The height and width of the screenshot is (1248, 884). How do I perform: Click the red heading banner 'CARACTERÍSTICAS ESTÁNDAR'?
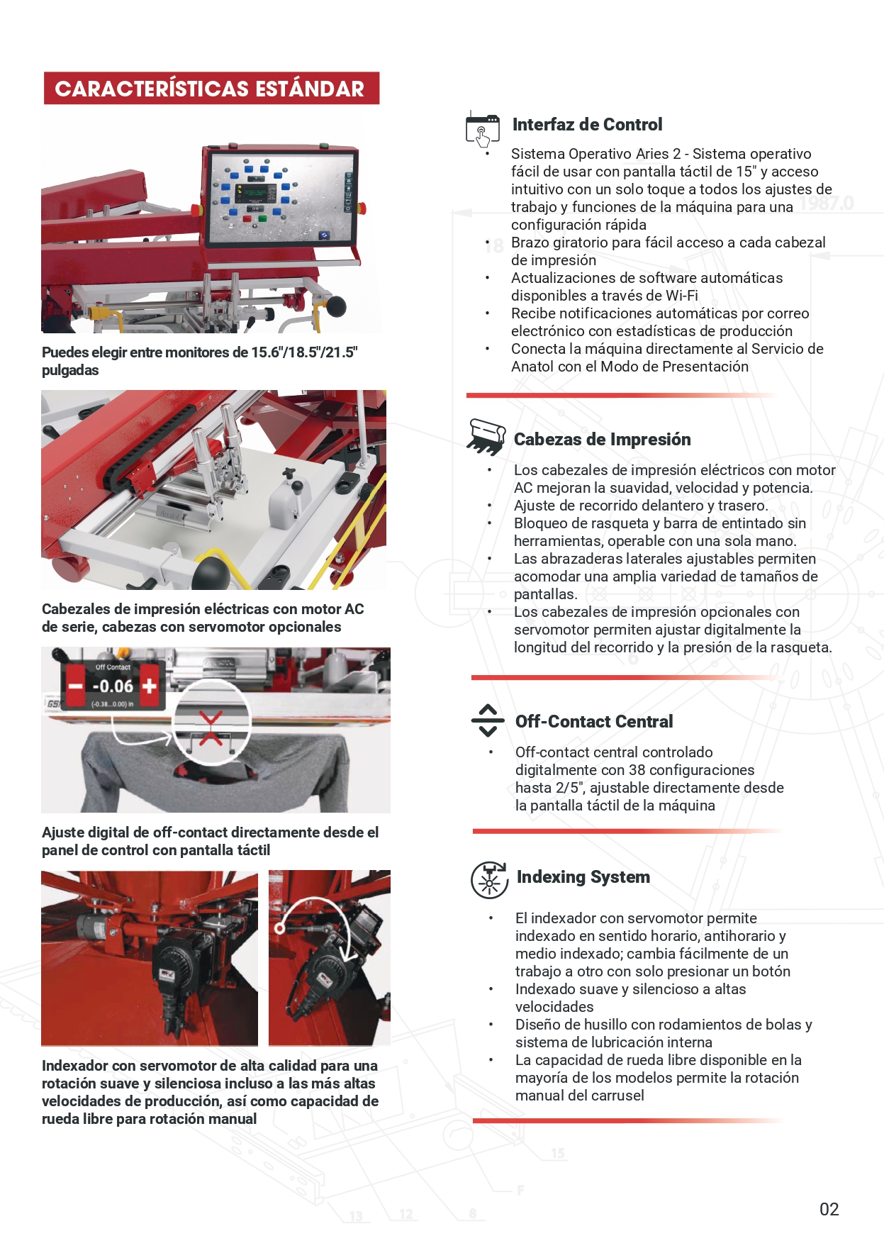click(211, 89)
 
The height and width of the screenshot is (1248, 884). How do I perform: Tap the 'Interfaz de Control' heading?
click(587, 125)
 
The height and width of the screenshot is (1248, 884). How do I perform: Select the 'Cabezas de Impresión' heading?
click(602, 440)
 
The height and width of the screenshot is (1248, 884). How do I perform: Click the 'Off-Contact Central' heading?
click(594, 722)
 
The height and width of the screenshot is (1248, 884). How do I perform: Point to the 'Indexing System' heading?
click(583, 877)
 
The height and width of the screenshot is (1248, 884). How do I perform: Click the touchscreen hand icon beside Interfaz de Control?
click(483, 128)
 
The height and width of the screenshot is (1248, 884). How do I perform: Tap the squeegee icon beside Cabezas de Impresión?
click(486, 436)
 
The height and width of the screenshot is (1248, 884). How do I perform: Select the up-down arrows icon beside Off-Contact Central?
click(488, 720)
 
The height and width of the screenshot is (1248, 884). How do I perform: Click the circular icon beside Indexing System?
click(489, 880)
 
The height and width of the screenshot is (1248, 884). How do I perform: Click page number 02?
click(829, 1210)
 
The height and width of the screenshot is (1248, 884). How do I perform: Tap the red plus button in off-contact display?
click(150, 686)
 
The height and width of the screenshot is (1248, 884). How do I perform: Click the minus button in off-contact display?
click(75, 686)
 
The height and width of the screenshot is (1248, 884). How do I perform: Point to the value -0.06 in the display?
click(113, 686)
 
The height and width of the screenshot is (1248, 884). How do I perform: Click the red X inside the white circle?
click(211, 729)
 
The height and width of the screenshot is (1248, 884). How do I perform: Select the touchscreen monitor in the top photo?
click(280, 196)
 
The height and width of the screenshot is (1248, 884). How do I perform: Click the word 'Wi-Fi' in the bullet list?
click(681, 296)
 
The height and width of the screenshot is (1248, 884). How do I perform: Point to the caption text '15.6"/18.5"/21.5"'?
click(304, 352)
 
